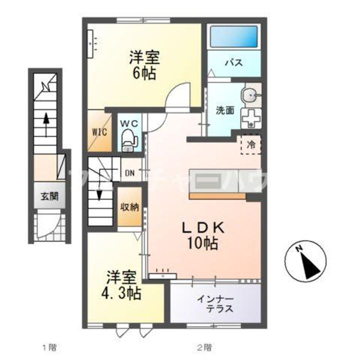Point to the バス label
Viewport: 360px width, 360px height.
(233, 63)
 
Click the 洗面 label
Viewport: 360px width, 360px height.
(224, 110)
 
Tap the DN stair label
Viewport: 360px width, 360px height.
(129, 173)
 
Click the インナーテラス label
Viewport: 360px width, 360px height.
(216, 304)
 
